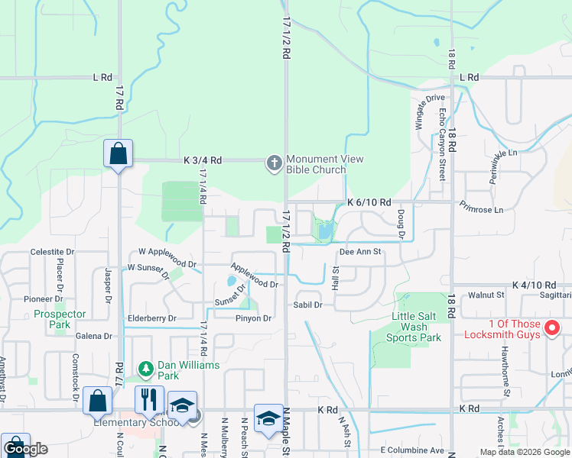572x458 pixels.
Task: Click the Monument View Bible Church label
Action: pos(324,164)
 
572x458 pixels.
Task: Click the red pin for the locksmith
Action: pos(552,329)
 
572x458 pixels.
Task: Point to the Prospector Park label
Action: pos(60,319)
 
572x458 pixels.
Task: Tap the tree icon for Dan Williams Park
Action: pos(145,369)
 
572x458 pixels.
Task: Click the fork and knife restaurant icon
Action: pos(148,399)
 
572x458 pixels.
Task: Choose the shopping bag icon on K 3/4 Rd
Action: pos(119,153)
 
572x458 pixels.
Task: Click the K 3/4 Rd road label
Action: pos(203,160)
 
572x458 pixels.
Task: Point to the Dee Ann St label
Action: pos(359,251)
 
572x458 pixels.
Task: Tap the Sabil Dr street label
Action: pos(307,305)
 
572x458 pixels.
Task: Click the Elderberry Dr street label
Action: pos(152,318)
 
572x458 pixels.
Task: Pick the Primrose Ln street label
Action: pos(481,208)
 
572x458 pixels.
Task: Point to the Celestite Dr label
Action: pos(52,252)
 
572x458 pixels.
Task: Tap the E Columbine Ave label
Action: pos(412,450)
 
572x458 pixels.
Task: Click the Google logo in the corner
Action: pos(24,449)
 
